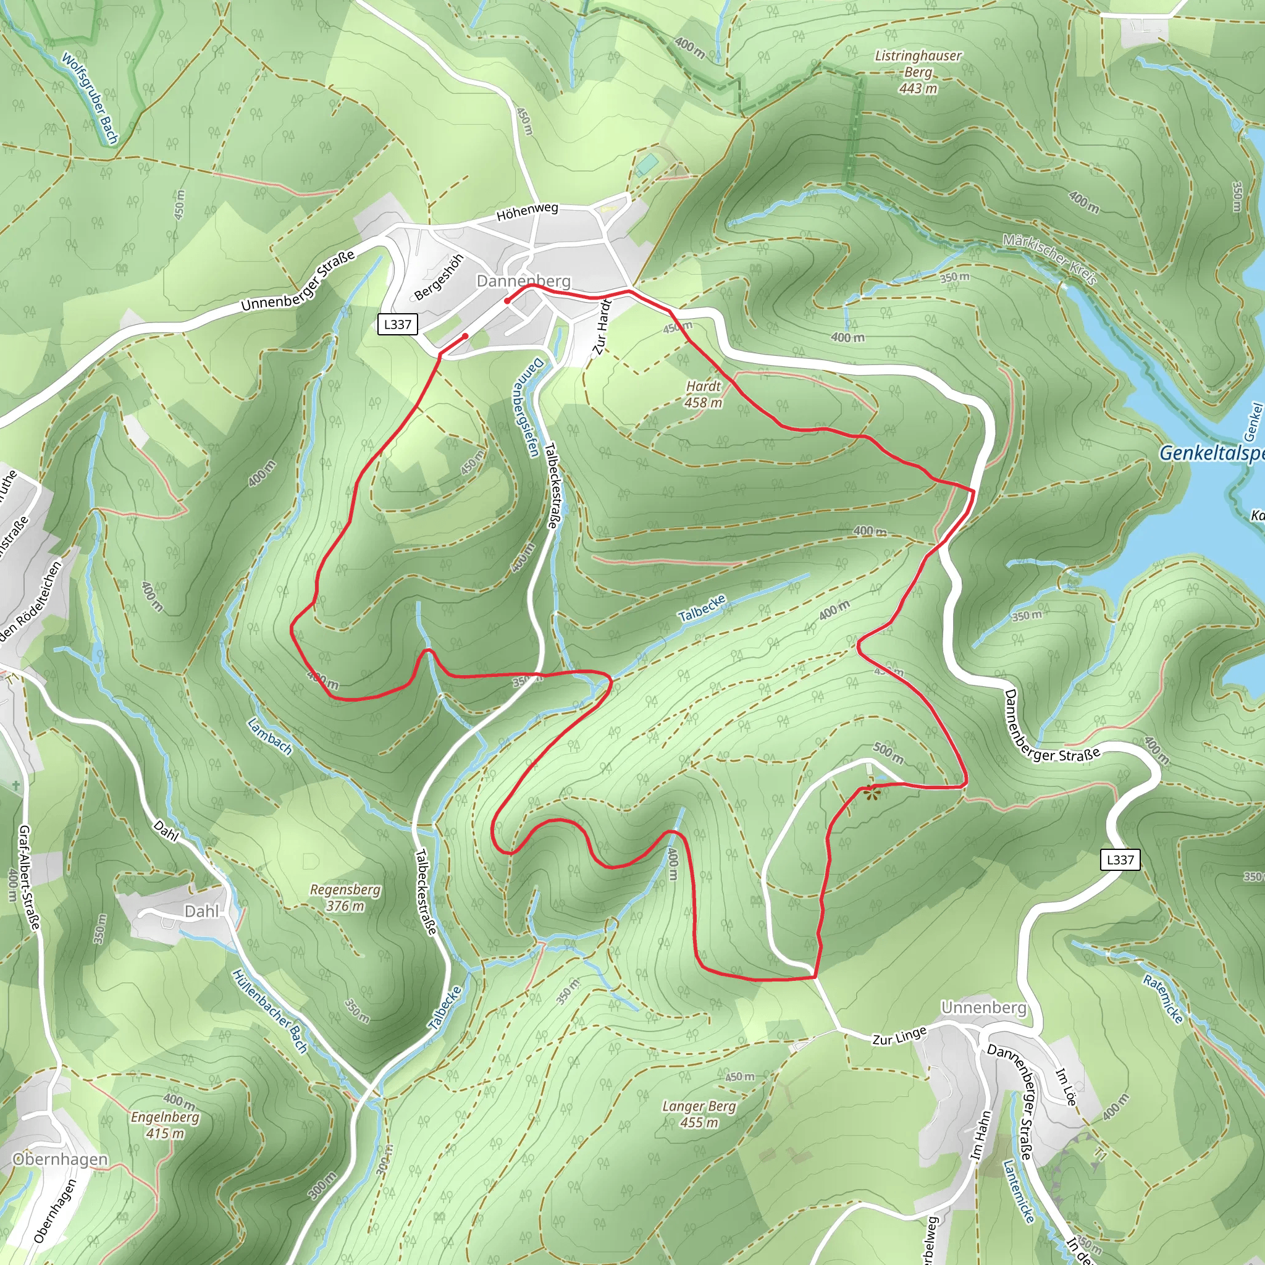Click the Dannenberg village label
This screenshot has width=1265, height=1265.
pyautogui.click(x=523, y=282)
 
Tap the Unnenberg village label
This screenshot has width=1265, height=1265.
pyautogui.click(x=983, y=1007)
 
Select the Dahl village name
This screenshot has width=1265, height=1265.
pyautogui.click(x=201, y=912)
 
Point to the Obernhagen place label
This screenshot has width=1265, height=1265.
pyautogui.click(x=61, y=1159)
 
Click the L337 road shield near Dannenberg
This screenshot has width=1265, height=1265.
pyautogui.click(x=397, y=324)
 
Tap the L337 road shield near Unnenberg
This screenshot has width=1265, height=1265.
pyautogui.click(x=1120, y=860)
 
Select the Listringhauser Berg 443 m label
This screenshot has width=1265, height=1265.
pyautogui.click(x=918, y=72)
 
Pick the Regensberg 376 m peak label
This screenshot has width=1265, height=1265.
pyautogui.click(x=345, y=897)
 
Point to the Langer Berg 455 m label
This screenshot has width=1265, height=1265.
pyautogui.click(x=699, y=1114)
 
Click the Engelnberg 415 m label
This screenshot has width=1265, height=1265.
pyautogui.click(x=165, y=1125)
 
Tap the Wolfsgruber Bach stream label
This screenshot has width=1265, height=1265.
pyautogui.click(x=90, y=98)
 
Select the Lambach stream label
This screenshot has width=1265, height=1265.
pyautogui.click(x=270, y=736)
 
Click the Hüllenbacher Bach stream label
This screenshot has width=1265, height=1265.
pyautogui.click(x=270, y=1011)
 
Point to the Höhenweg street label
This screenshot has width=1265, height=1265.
pyautogui.click(x=527, y=211)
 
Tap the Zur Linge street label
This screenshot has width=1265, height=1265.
pyautogui.click(x=899, y=1036)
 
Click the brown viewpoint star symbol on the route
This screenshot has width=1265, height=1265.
pyautogui.click(x=870, y=794)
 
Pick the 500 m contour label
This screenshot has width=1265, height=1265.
pyautogui.click(x=888, y=754)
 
